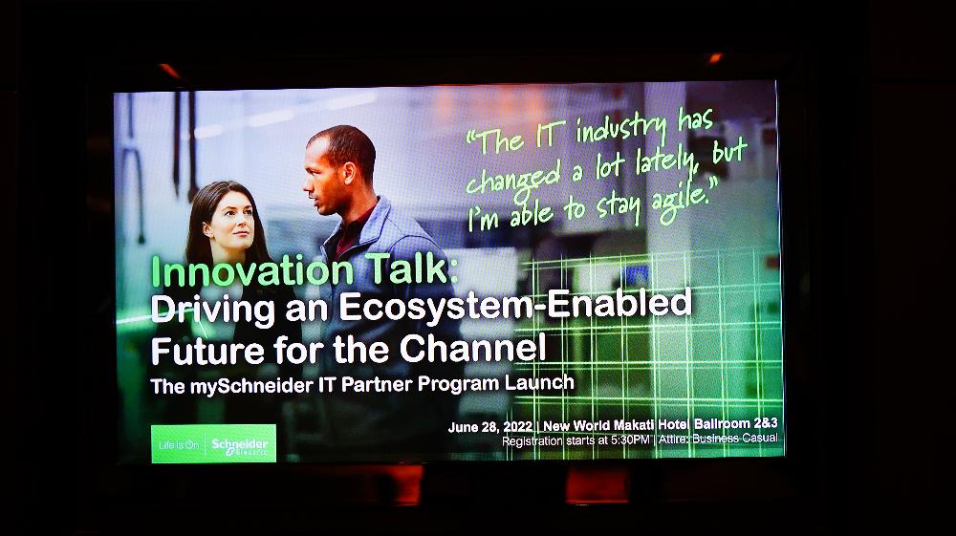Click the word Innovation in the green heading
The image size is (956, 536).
(252, 271)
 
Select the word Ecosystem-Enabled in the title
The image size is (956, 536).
(515, 305)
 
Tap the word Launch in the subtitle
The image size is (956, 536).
(539, 382)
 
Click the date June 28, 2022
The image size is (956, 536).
(490, 427)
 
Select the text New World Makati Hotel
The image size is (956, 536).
(616, 425)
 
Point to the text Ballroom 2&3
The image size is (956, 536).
(736, 423)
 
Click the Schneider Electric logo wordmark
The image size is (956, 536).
(240, 445)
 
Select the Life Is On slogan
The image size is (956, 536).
(179, 445)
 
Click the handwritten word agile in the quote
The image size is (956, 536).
(684, 199)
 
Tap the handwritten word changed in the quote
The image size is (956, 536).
(512, 180)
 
